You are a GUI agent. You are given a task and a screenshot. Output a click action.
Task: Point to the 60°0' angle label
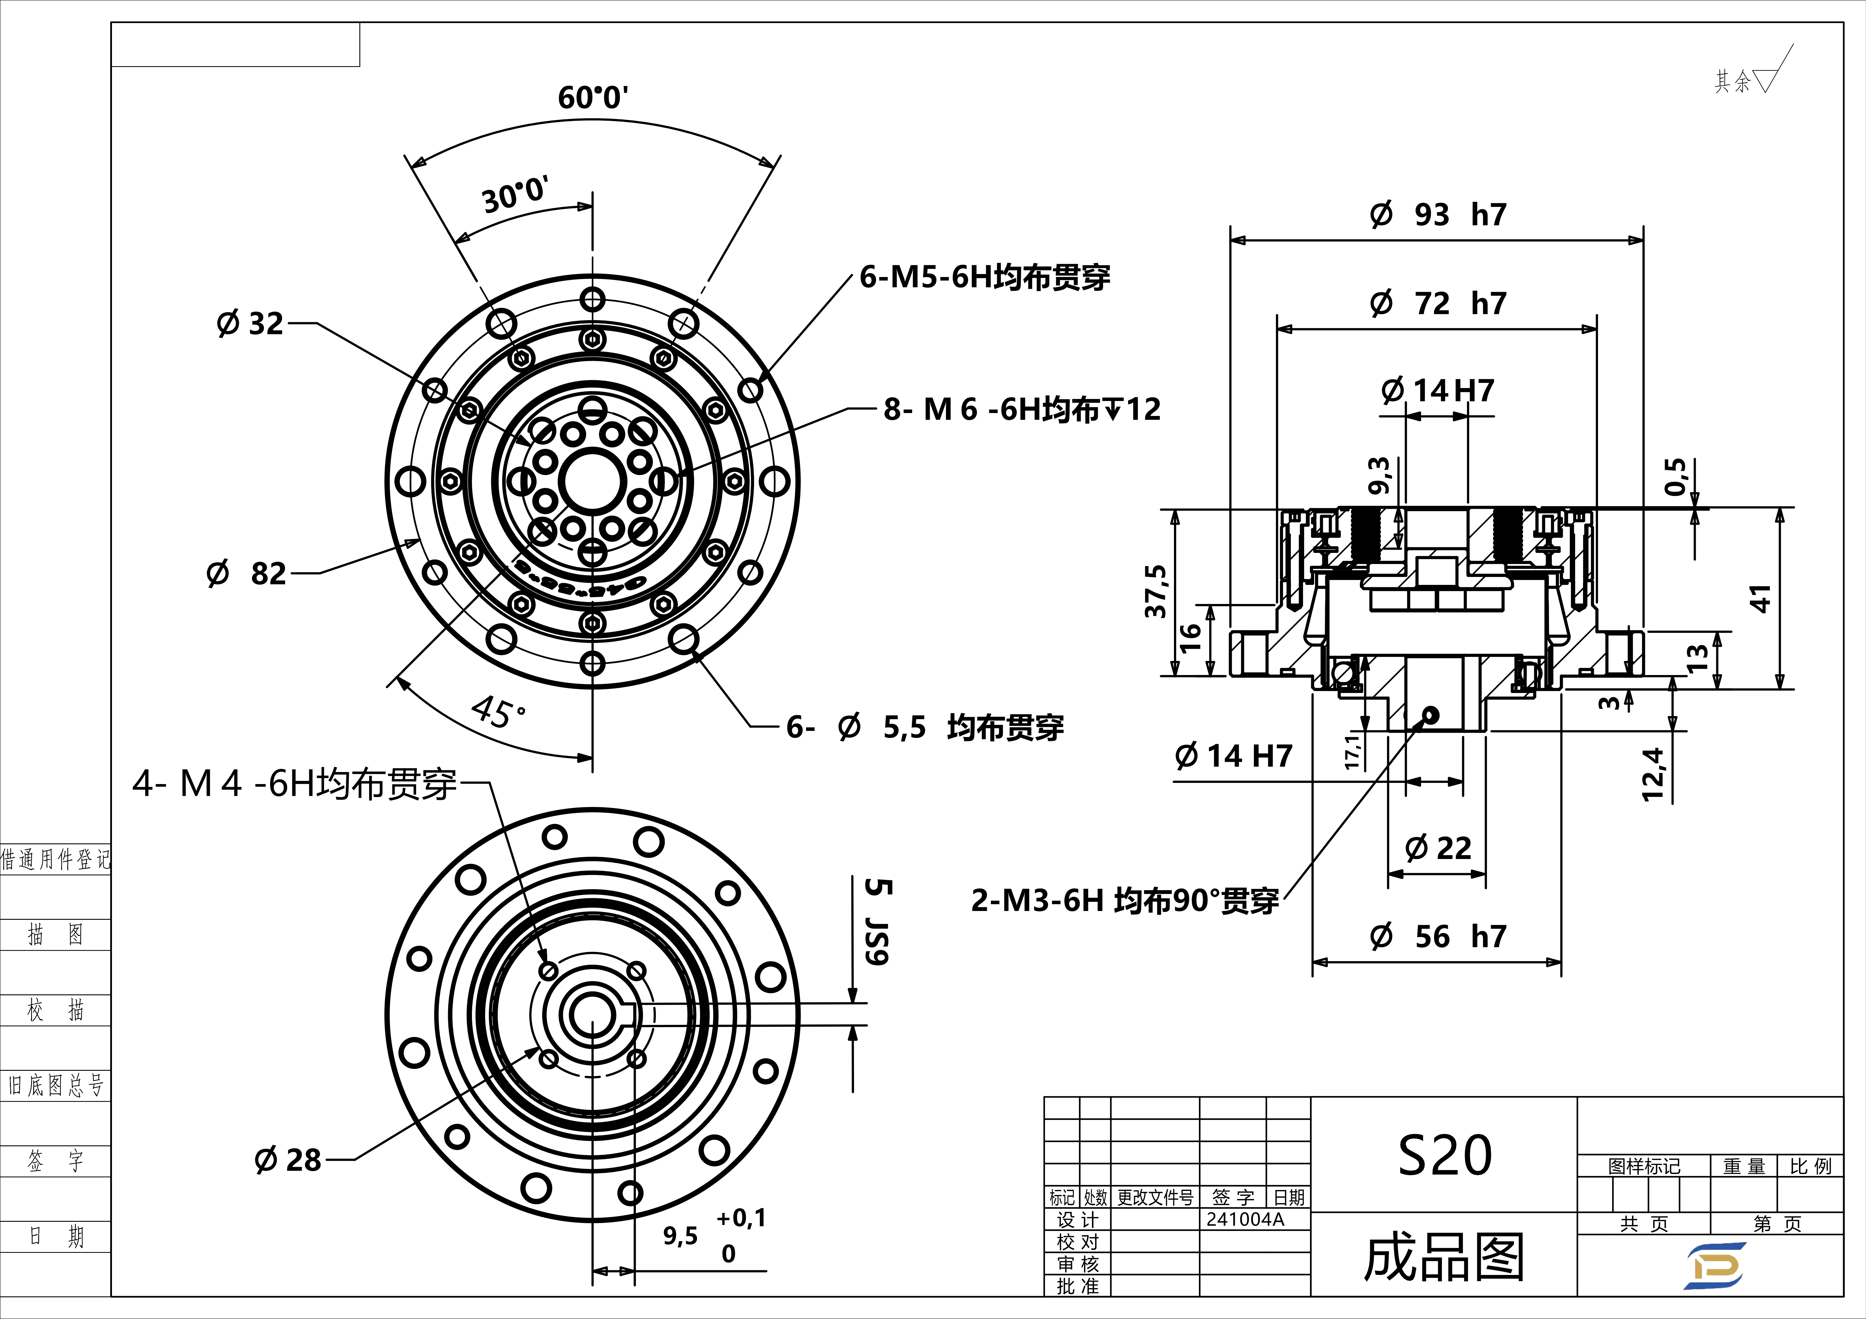pos(592,98)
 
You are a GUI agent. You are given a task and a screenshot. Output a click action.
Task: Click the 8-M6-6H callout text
pos(1021,409)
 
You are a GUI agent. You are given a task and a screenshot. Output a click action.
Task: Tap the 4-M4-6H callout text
pos(294,784)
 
